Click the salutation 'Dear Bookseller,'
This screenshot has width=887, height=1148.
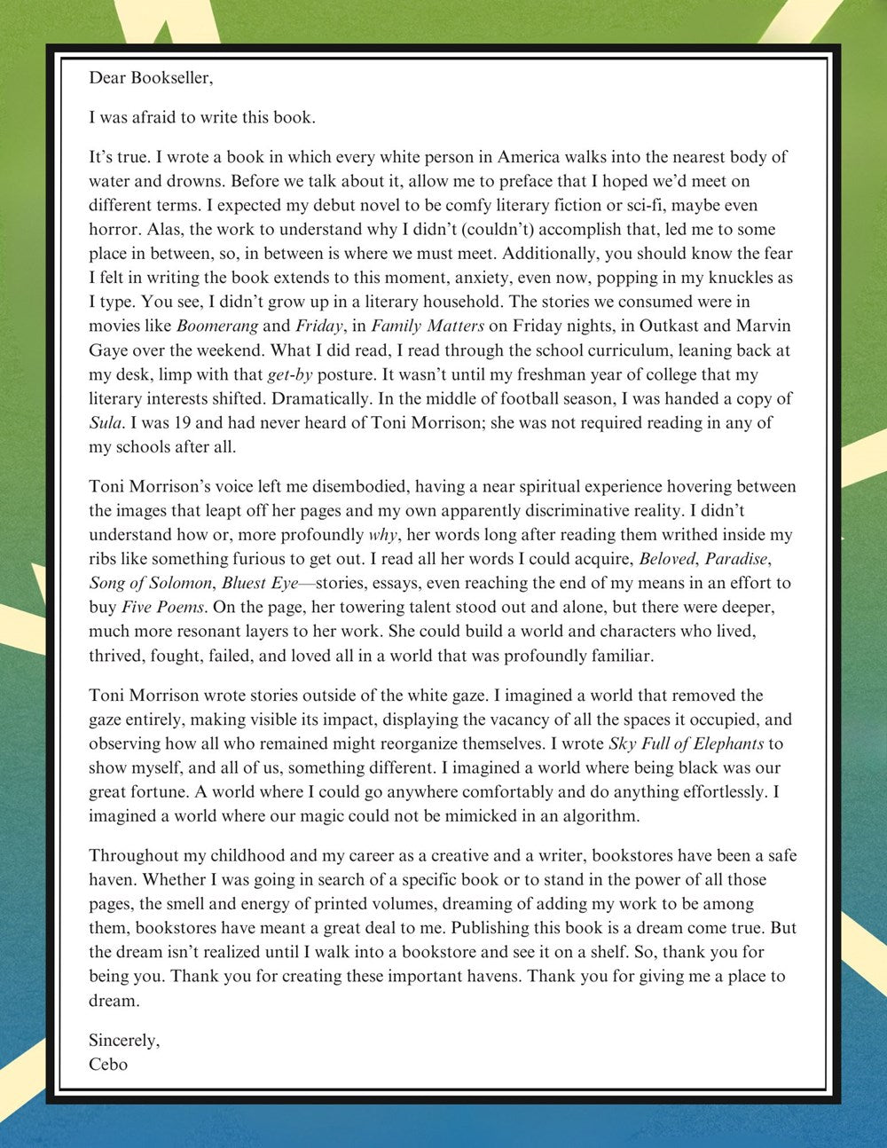[151, 77]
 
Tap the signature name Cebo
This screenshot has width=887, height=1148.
[108, 1064]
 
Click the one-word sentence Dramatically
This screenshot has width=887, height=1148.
[282, 399]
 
